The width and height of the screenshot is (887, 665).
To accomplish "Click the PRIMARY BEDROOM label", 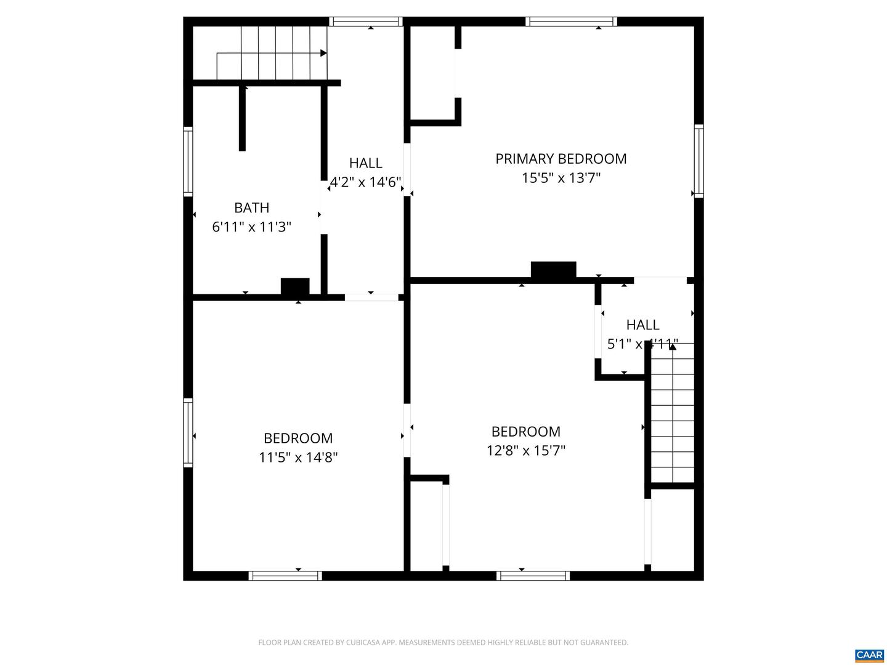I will pyautogui.click(x=561, y=159).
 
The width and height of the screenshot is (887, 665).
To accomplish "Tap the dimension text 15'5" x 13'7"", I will pyautogui.click(x=561, y=179).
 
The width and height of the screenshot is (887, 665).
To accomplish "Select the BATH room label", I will pyautogui.click(x=251, y=208).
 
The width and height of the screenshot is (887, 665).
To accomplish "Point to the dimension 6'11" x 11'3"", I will pyautogui.click(x=251, y=227).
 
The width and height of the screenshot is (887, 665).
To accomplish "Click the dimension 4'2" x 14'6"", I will pyautogui.click(x=366, y=182).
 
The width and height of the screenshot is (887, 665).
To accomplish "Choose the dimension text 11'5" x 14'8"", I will pyautogui.click(x=298, y=457).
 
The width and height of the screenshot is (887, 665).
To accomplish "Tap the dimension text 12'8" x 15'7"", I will pyautogui.click(x=525, y=451).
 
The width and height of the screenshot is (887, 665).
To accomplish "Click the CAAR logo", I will pyautogui.click(x=869, y=655).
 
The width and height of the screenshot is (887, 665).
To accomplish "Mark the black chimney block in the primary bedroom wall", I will pyautogui.click(x=553, y=270).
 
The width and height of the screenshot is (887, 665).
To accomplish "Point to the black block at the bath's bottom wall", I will pyautogui.click(x=295, y=287).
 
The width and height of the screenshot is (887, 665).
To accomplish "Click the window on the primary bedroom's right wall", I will pyautogui.click(x=699, y=161).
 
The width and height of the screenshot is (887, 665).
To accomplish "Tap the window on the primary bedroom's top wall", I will pyautogui.click(x=571, y=22).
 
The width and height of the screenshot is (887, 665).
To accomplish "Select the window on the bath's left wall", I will pyautogui.click(x=188, y=161).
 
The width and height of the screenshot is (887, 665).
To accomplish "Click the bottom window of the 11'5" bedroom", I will pyautogui.click(x=285, y=576).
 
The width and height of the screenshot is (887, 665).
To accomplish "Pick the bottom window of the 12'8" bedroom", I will pyautogui.click(x=533, y=576).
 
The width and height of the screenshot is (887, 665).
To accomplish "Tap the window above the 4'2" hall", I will pyautogui.click(x=366, y=22).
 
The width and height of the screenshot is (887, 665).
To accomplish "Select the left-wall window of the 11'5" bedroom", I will pyautogui.click(x=188, y=432).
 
